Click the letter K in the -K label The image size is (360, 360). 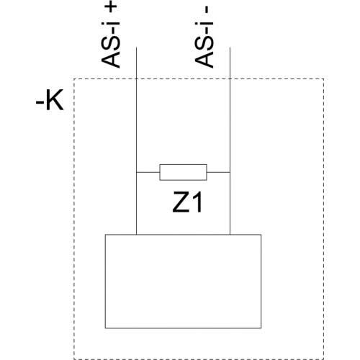(55, 99)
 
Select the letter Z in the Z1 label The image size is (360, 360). (181, 202)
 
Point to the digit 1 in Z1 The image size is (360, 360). (197, 202)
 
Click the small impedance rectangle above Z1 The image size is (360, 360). (183, 172)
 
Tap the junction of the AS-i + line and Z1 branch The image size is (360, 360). (136, 172)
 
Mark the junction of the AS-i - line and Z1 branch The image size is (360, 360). (230, 172)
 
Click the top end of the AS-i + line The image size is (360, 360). (136, 48)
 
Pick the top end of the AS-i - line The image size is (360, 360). (230, 48)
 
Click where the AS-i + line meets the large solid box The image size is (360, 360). (136, 235)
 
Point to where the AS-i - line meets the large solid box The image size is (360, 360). (230, 235)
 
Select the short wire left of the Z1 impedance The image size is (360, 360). (148, 172)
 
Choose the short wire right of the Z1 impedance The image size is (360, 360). (218, 172)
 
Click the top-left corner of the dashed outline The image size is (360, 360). (74, 78)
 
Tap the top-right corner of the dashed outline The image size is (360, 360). (323, 78)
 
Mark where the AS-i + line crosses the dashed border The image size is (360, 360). (136, 78)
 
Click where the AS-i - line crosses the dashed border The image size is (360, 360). (230, 78)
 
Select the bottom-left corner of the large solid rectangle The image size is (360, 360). (105, 328)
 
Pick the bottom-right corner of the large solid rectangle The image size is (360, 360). (261, 328)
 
